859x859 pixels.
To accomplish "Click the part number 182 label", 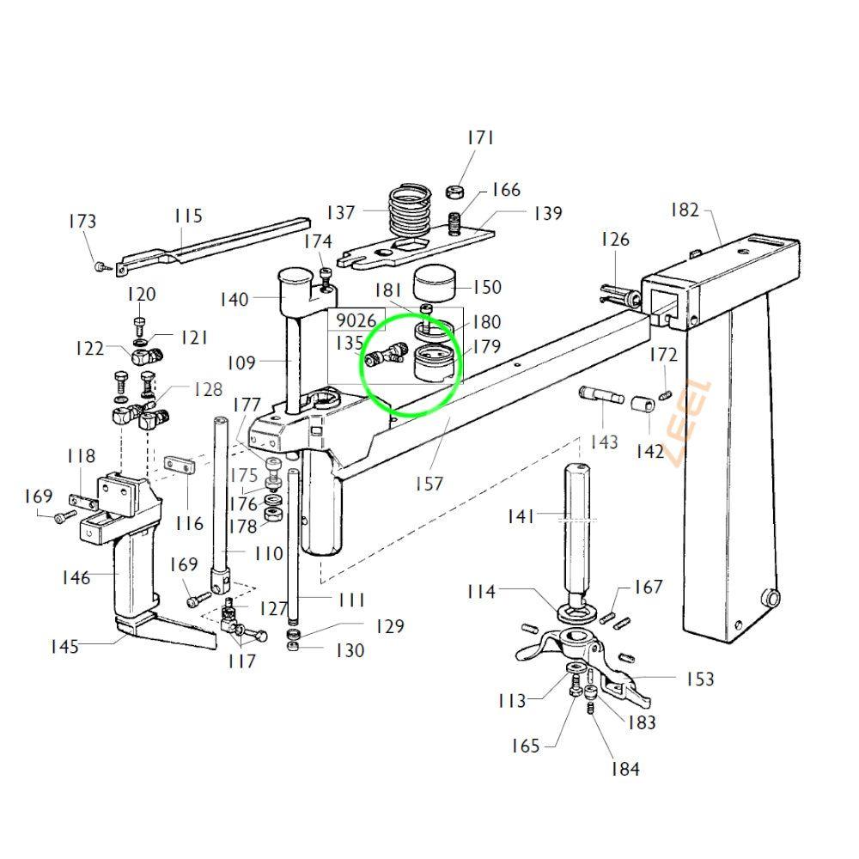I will click(685, 210).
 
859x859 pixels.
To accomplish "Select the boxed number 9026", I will click(356, 321).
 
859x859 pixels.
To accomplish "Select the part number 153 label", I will click(700, 679).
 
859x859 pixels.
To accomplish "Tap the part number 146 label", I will click(76, 577).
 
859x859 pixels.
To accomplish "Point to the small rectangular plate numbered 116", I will click(180, 465).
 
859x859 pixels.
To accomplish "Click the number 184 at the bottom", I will click(624, 769).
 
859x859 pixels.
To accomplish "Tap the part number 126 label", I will click(615, 240).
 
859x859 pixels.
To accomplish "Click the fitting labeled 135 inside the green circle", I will click(383, 356).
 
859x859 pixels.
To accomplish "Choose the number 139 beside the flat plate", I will click(547, 213).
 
